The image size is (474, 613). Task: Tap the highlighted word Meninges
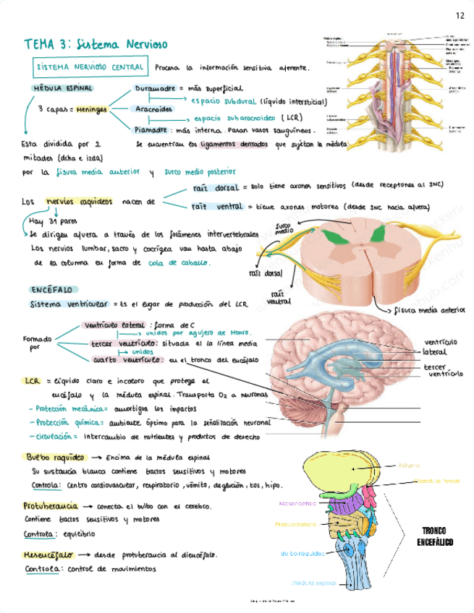click(91, 108)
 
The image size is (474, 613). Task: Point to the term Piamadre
click(152, 131)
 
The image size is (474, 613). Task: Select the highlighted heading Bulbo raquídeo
click(49, 458)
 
